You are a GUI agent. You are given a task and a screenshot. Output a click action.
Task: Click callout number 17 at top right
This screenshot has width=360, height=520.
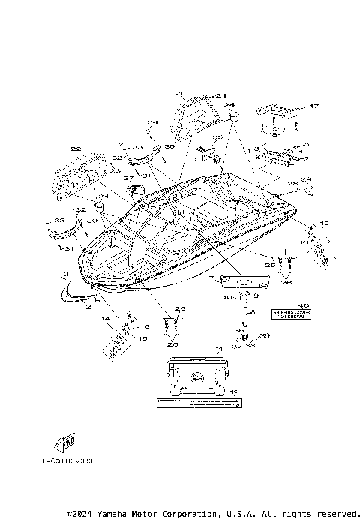[315, 106]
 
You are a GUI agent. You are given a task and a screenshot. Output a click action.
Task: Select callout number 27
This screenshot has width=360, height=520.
[128, 179]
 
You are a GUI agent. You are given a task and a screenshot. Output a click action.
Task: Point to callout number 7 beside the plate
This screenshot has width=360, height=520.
[211, 279]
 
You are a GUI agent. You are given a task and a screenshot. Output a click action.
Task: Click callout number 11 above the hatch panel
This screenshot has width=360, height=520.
[218, 350]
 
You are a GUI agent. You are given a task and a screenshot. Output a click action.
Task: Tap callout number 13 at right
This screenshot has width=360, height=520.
[325, 224]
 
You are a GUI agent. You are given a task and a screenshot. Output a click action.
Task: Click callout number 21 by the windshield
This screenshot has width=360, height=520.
[220, 95]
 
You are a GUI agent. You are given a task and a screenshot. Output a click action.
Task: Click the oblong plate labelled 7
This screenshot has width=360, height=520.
[241, 281]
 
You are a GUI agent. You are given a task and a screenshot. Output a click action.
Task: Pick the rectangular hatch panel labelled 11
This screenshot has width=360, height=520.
[196, 377]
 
